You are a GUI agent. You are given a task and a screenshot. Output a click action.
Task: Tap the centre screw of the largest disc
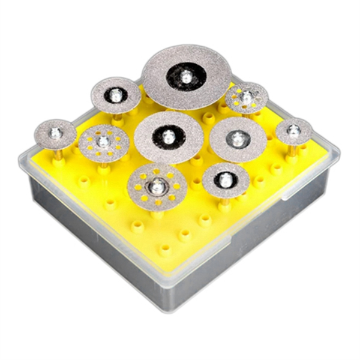click(187, 77)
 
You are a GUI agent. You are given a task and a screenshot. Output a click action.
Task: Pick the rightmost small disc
click(293, 130)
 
